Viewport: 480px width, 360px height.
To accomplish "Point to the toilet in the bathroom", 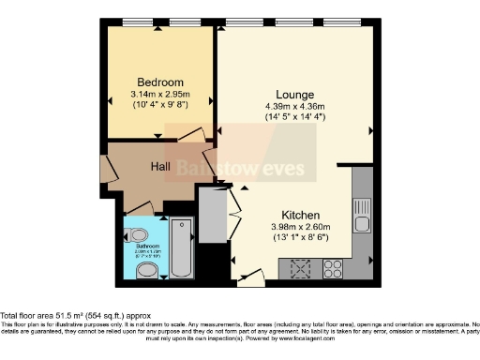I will tap(146, 272).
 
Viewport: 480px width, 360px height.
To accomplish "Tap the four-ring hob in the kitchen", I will tap(333, 269).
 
